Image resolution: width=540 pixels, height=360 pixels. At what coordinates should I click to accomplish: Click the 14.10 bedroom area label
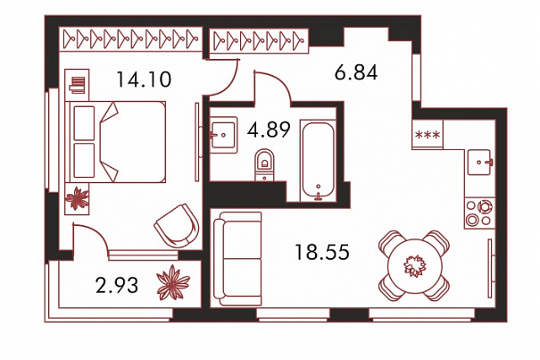click(144, 79)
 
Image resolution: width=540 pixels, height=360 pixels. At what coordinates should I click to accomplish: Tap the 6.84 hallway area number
click(356, 72)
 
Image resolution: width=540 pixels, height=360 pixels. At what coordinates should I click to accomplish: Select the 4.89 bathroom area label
click(269, 130)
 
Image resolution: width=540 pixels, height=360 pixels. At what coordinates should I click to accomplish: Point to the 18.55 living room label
click(322, 252)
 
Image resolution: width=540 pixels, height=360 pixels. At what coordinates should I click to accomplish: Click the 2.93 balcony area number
click(117, 286)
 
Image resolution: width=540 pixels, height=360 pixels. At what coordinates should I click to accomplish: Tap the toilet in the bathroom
click(264, 164)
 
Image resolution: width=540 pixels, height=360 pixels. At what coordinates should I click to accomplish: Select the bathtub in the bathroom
click(318, 160)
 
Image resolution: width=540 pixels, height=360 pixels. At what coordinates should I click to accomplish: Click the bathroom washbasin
click(223, 135)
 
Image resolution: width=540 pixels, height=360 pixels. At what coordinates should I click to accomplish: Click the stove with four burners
click(479, 213)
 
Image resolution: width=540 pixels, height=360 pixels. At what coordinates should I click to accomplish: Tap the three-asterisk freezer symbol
click(428, 135)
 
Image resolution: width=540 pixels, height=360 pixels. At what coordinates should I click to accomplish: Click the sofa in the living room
click(237, 259)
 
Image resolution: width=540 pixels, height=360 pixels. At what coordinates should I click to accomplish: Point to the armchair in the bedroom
click(177, 225)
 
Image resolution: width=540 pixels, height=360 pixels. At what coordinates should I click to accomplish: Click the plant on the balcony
click(173, 282)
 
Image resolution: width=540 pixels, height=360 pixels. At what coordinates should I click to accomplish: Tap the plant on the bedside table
click(77, 198)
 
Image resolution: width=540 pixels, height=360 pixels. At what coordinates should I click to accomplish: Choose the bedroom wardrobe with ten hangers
click(130, 39)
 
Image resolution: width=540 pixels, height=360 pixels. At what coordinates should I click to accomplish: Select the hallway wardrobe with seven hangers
click(259, 41)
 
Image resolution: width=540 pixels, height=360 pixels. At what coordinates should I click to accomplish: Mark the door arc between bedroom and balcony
click(96, 234)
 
